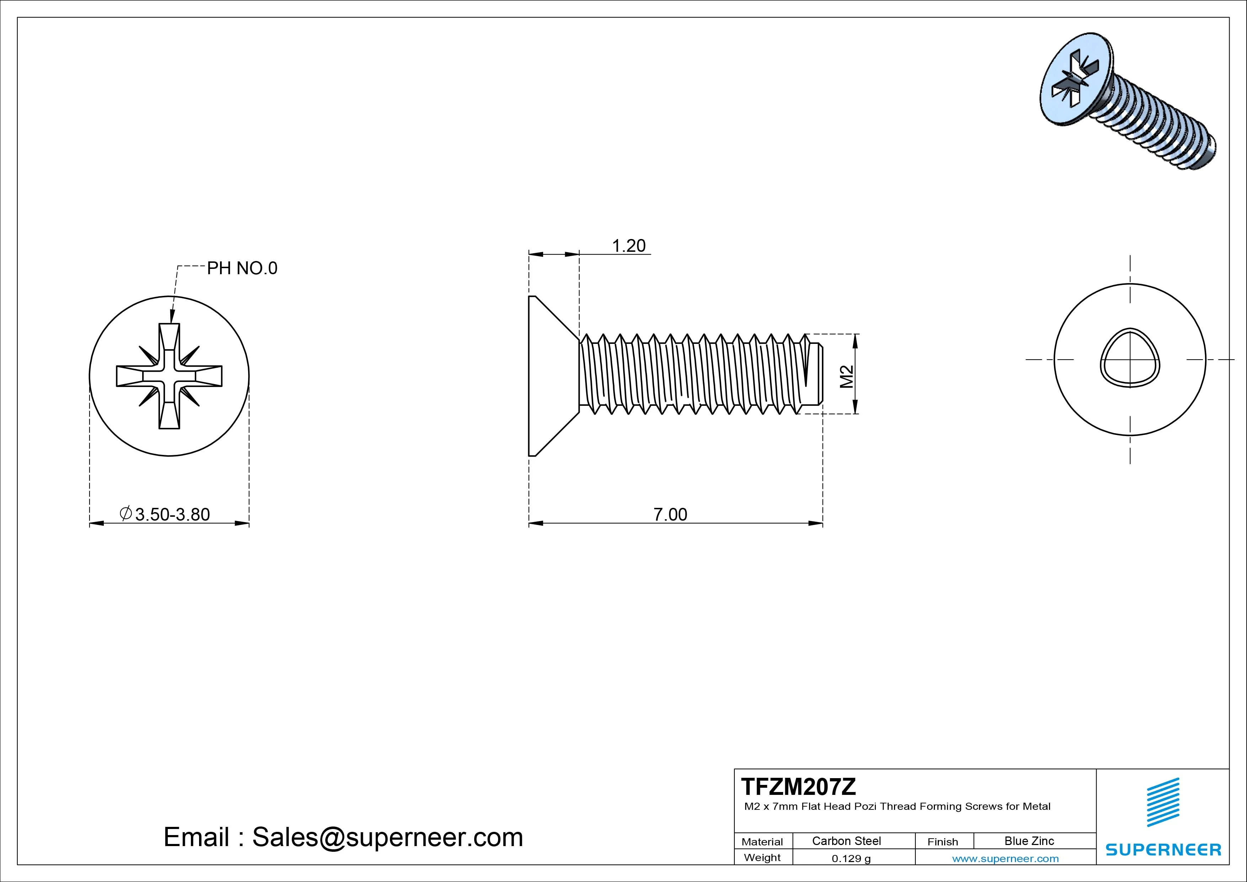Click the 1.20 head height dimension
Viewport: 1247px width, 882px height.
pyautogui.click(x=628, y=246)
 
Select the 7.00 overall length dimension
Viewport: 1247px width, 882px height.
pyautogui.click(x=670, y=514)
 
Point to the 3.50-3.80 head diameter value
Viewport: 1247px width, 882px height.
pyautogui.click(x=172, y=514)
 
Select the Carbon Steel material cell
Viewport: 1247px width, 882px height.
pyautogui.click(x=846, y=841)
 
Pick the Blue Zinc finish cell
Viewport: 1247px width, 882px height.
pyautogui.click(x=1029, y=841)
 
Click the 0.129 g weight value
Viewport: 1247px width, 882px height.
pyautogui.click(x=851, y=859)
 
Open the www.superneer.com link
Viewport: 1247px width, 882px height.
pyautogui.click(x=1005, y=859)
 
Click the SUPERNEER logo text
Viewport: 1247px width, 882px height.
pyautogui.click(x=1163, y=849)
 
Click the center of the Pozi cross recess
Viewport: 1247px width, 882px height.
pyautogui.click(x=169, y=376)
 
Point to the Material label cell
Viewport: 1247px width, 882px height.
pyautogui.click(x=762, y=842)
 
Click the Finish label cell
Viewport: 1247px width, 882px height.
pyautogui.click(x=942, y=842)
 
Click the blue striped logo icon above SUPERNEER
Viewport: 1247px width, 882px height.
pyautogui.click(x=1163, y=803)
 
